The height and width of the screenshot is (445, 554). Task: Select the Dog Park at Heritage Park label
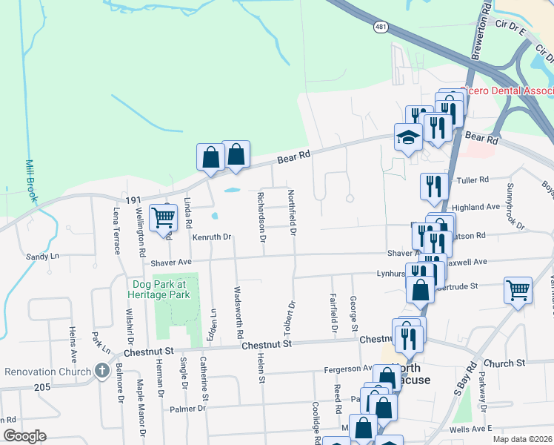[161, 289]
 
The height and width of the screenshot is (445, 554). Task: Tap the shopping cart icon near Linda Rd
[163, 218]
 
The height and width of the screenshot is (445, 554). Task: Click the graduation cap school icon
[407, 137]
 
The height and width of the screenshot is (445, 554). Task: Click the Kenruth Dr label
[213, 237]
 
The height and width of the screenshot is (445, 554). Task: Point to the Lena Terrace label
[117, 231]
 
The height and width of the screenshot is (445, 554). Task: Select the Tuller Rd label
[474, 179]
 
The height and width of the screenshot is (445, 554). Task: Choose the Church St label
[507, 363]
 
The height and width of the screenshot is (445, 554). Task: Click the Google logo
[24, 436]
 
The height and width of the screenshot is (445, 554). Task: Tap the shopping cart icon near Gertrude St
[517, 289]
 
